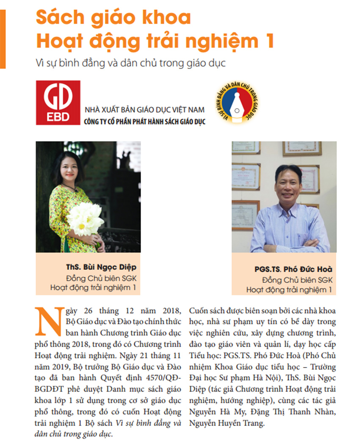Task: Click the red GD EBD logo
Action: [58, 102]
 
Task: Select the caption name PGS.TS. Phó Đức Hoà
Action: [294, 269]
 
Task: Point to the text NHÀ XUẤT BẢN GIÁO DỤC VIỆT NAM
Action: [145, 110]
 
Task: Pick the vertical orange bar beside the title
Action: [3, 38]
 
